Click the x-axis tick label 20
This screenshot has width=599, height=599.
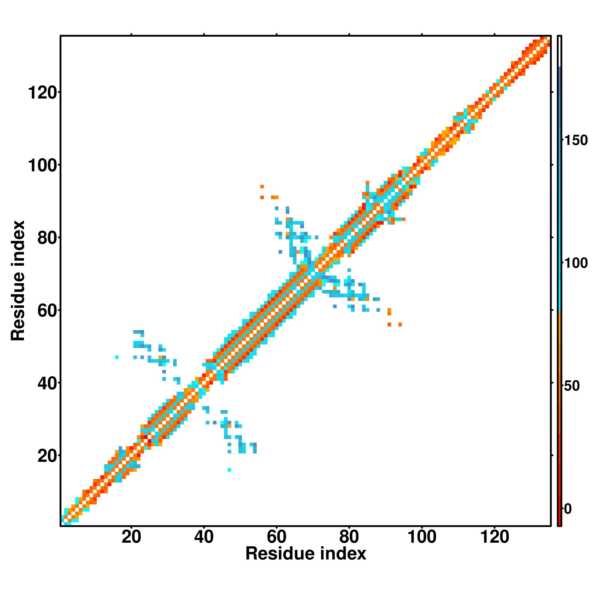[x=131, y=537]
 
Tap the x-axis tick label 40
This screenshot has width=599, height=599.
[x=204, y=537]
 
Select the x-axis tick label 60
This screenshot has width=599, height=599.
[x=276, y=537]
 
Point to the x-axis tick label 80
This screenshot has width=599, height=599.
[x=349, y=537]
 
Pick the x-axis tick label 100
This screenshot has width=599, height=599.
[x=422, y=537]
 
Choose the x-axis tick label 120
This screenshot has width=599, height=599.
[x=494, y=537]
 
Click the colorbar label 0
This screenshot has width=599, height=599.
[x=568, y=509]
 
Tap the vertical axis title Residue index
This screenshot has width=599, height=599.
[x=18, y=281]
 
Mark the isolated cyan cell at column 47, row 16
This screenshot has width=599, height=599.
[x=229, y=470]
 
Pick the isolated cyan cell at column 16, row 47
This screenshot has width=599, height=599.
[x=117, y=357]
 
